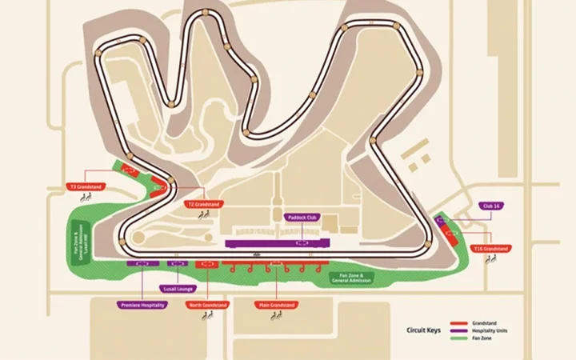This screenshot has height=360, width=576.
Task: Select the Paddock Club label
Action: click(302, 216)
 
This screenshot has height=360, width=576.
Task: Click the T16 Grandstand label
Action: click(490, 249)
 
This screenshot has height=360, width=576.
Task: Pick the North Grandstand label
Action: click(208, 305)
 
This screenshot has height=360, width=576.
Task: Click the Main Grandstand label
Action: click(276, 305)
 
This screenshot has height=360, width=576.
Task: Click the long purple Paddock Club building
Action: click(277, 242)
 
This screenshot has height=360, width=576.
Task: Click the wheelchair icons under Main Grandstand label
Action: click(277, 316)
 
